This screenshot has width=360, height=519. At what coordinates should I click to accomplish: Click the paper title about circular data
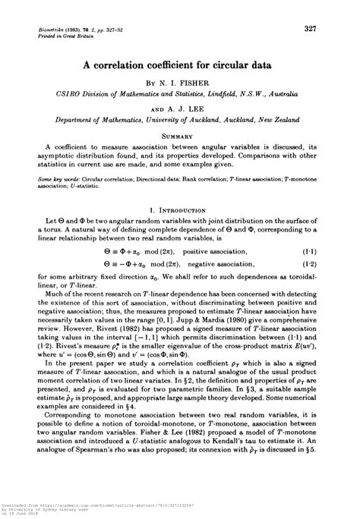(180, 66)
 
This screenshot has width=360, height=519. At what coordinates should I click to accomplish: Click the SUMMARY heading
(180, 134)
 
